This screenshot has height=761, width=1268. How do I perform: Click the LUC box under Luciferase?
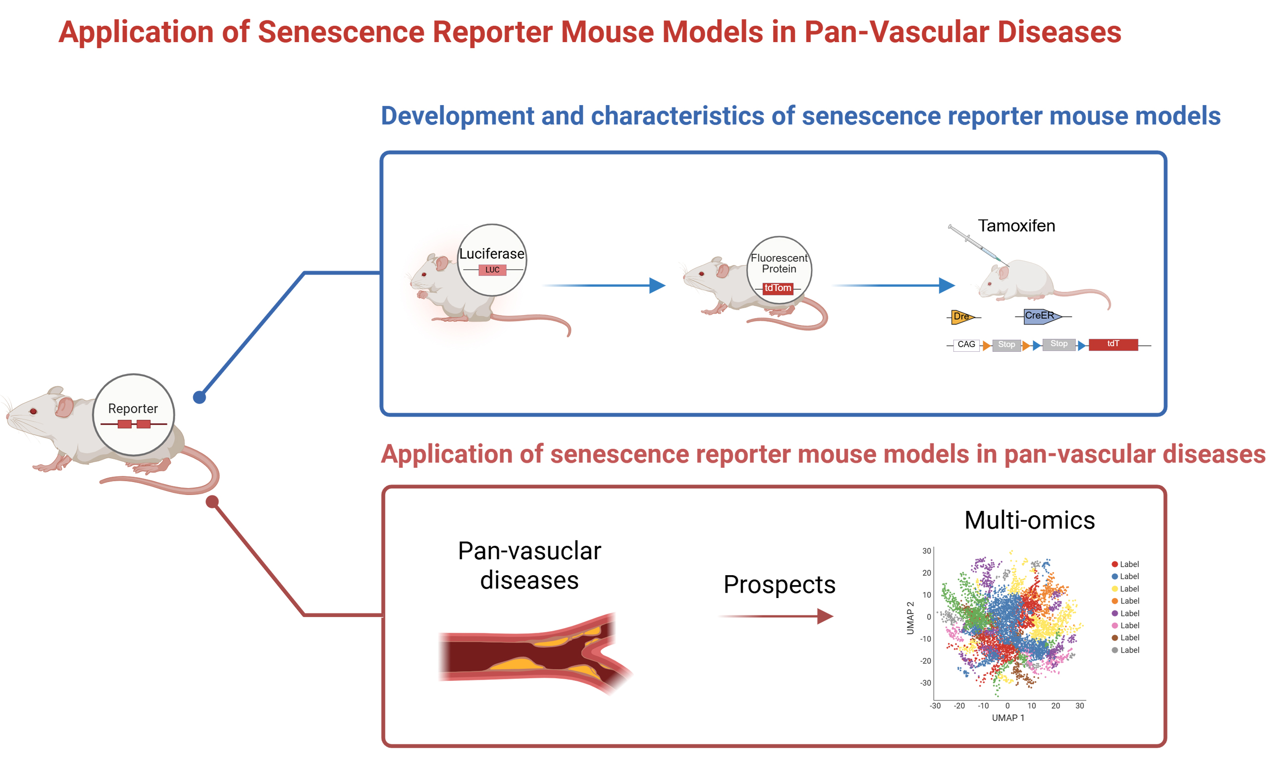492,270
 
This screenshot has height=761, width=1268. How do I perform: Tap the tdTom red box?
778,288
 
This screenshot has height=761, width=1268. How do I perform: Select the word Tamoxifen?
1016,225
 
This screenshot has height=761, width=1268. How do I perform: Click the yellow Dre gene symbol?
960,317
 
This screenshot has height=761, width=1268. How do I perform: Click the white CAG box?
966,345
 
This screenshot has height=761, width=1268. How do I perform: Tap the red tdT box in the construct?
1112,344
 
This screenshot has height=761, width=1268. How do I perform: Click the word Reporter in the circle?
133,409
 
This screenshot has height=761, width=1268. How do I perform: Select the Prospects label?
779,585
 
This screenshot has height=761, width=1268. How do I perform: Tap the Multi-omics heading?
1029,521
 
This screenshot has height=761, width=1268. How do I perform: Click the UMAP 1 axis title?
1007,718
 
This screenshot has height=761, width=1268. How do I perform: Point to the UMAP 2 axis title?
910,618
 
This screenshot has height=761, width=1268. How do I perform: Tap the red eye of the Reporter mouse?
33,411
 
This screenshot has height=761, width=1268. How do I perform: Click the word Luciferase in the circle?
491,254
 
